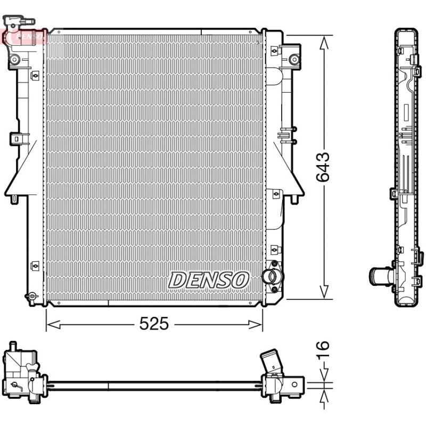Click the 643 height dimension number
tap(323, 167)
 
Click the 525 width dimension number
tap(154, 324)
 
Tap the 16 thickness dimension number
tap(323, 349)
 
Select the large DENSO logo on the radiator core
tap(208, 280)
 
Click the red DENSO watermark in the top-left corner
tap(24, 36)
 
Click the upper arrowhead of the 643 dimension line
tap(323, 43)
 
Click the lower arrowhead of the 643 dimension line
tap(323, 292)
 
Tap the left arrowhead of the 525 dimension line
tap(53, 324)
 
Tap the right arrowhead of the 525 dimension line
tap(256, 324)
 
